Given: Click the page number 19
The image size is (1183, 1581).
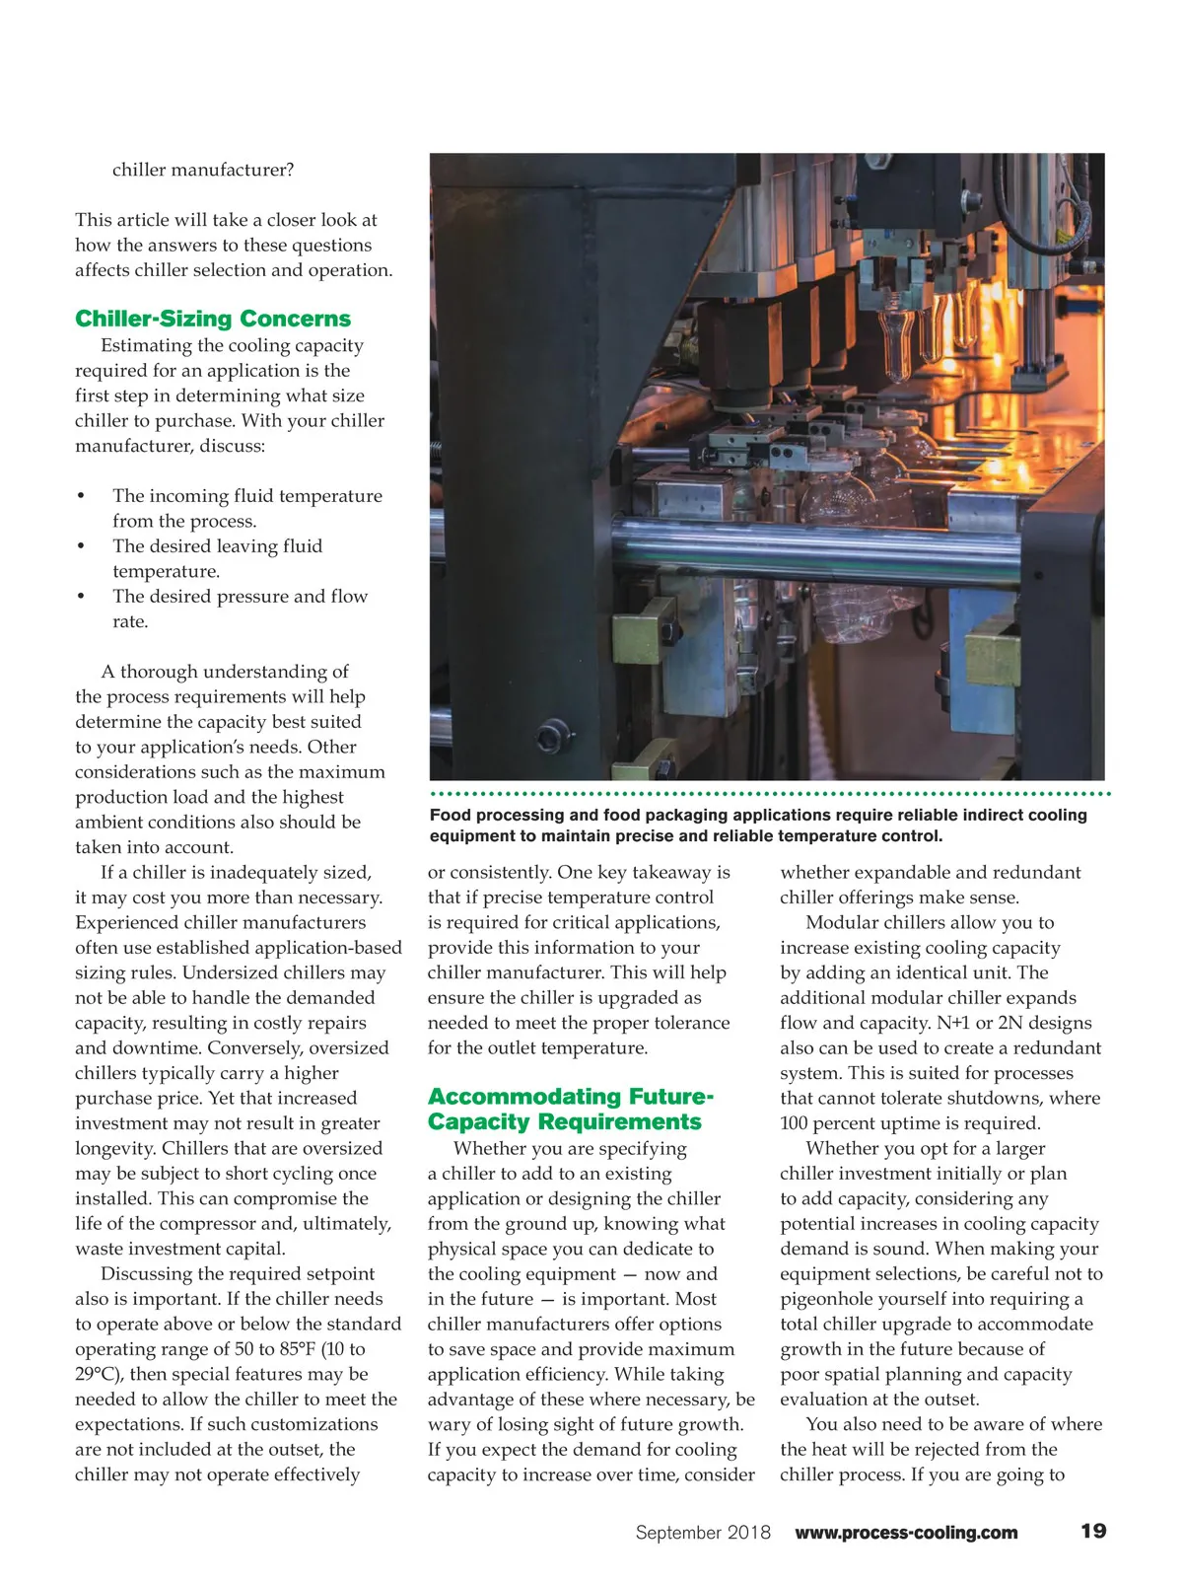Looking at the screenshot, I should [1093, 1531].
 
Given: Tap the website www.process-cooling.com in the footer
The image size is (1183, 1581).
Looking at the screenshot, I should [906, 1533].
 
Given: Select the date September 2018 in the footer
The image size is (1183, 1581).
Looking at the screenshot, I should [703, 1533].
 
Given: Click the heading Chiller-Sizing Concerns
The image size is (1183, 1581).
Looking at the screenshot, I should [213, 319].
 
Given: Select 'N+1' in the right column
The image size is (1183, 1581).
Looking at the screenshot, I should [955, 1023].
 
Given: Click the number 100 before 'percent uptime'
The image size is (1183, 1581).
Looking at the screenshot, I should [795, 1123].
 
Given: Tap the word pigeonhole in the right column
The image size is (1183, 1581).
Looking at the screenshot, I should [833, 1299].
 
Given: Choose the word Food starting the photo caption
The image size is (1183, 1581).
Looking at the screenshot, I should [451, 815].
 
